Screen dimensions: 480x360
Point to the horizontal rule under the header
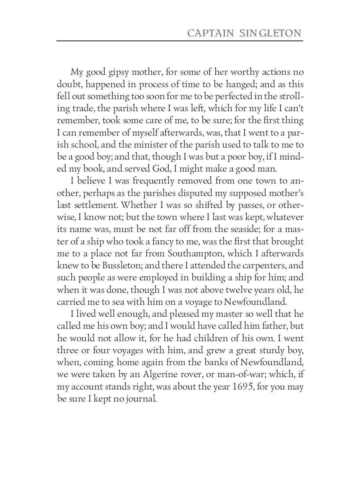[x=180, y=41]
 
